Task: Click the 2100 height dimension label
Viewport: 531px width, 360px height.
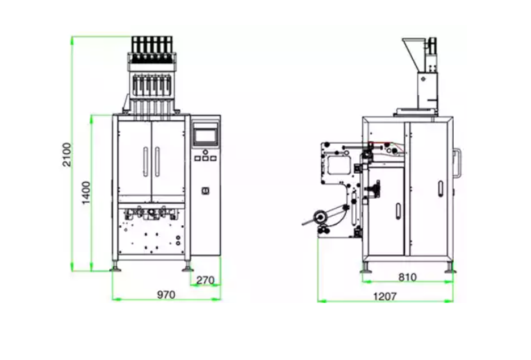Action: pyautogui.click(x=67, y=154)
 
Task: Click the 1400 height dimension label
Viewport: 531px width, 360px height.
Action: pyautogui.click(x=87, y=193)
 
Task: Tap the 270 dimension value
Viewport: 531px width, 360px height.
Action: pyautogui.click(x=205, y=280)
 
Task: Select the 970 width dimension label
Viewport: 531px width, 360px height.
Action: pyautogui.click(x=166, y=295)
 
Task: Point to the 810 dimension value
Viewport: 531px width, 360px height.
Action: pyautogui.click(x=407, y=277)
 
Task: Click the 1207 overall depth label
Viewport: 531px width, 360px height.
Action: pyautogui.click(x=385, y=297)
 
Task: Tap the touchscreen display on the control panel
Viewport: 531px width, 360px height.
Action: pyautogui.click(x=205, y=135)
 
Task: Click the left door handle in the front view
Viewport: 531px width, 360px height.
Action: pyautogui.click(x=146, y=161)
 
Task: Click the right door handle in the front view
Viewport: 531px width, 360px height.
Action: pyautogui.click(x=158, y=161)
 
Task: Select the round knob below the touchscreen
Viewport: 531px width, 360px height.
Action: pyautogui.click(x=205, y=152)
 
